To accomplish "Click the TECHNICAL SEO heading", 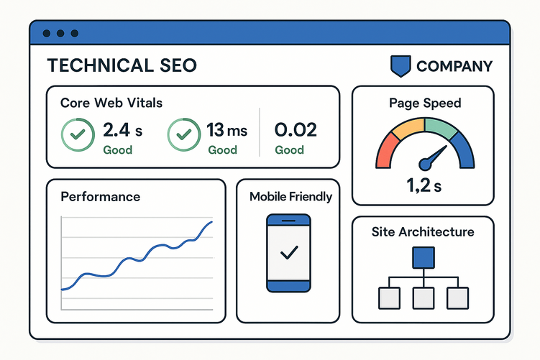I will point(122,66).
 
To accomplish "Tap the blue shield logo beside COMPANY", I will point(401,66).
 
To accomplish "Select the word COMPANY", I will point(454,67).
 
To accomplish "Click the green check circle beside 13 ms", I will point(183,134).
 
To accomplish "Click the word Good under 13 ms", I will point(222,150).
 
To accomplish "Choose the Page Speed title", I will point(425,103).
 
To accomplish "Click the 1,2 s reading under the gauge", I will point(424,187).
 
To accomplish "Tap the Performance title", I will point(101,196).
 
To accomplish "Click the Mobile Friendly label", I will point(290,196).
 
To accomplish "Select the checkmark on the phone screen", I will point(289,252).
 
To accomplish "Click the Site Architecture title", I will point(423,232).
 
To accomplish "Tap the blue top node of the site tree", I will point(423,257).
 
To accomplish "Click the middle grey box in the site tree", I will point(423,297).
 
